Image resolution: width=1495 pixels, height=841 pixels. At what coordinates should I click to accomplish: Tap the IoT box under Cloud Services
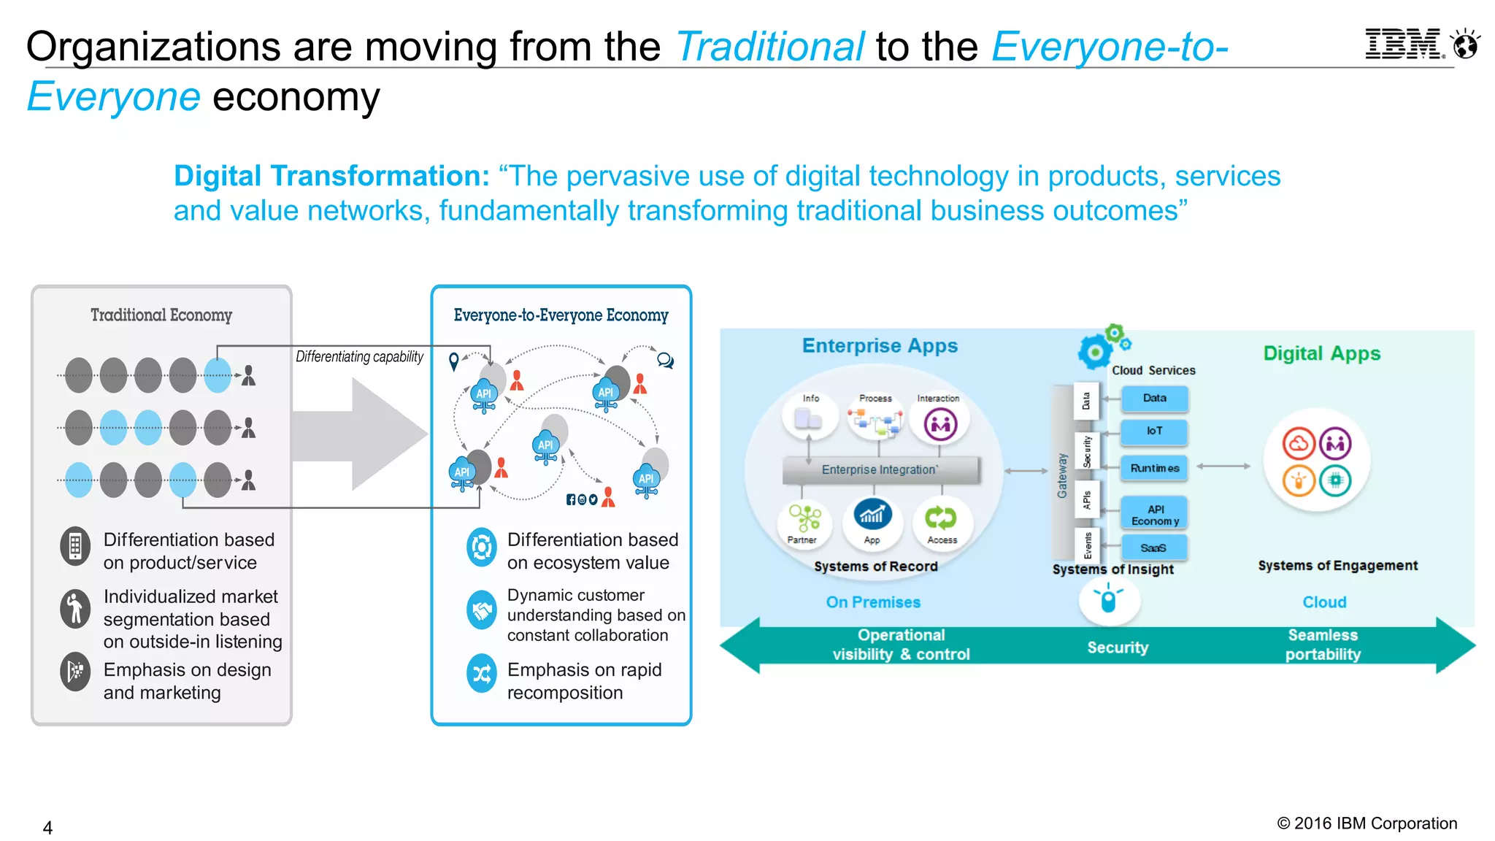click(x=1154, y=431)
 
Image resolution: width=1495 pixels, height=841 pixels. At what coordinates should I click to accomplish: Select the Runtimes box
click(x=1154, y=468)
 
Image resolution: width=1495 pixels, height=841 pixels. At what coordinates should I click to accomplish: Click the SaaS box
click(x=1153, y=548)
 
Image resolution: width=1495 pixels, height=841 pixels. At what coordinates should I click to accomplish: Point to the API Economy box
click(x=1154, y=515)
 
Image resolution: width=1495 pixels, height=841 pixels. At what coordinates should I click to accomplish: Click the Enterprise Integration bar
click(x=880, y=470)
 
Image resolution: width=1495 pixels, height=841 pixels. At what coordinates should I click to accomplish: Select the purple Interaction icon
click(x=940, y=424)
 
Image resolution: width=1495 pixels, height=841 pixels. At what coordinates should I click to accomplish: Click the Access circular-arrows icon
click(x=940, y=518)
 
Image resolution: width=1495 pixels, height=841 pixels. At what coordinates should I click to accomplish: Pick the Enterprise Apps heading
click(x=880, y=345)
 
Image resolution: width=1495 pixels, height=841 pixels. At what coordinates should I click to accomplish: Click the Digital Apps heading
click(x=1321, y=353)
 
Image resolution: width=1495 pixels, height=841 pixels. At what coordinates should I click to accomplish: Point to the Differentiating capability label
click(x=359, y=356)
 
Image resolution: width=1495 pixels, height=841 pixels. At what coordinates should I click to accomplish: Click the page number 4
click(x=47, y=828)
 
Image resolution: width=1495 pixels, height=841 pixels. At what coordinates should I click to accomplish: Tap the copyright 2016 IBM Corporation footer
click(x=1367, y=823)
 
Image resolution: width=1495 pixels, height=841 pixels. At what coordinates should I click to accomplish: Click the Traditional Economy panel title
click(x=161, y=315)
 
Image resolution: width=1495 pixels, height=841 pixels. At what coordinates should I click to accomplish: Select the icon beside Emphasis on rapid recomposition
click(x=482, y=673)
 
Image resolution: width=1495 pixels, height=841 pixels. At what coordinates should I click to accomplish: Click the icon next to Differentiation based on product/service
click(x=75, y=546)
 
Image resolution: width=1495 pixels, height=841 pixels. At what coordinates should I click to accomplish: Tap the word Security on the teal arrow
click(x=1118, y=648)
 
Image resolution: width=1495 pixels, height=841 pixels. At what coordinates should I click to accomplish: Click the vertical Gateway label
click(x=1062, y=475)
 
